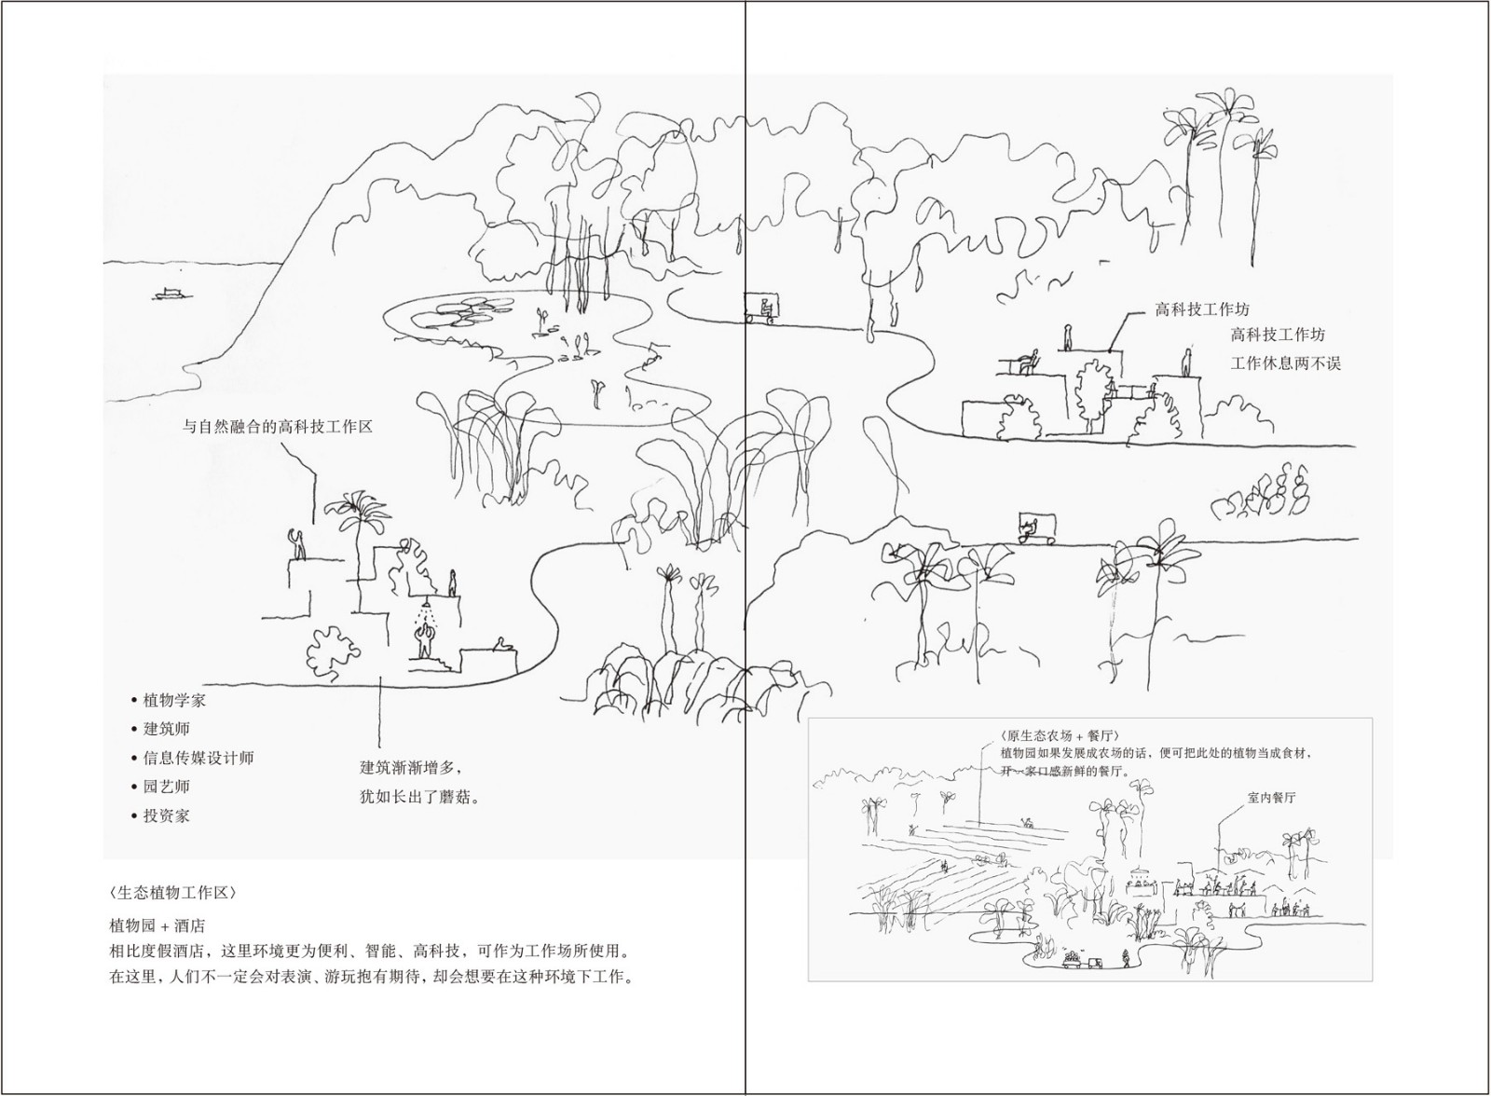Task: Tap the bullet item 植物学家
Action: (174, 700)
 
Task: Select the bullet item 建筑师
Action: (166, 729)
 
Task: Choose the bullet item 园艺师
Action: (166, 787)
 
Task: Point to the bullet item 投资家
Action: (166, 815)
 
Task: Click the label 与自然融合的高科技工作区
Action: (278, 427)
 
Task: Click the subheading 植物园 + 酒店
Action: (157, 925)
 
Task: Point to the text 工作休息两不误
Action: (1286, 363)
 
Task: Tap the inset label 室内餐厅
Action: (1270, 798)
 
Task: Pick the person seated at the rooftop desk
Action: (1029, 361)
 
